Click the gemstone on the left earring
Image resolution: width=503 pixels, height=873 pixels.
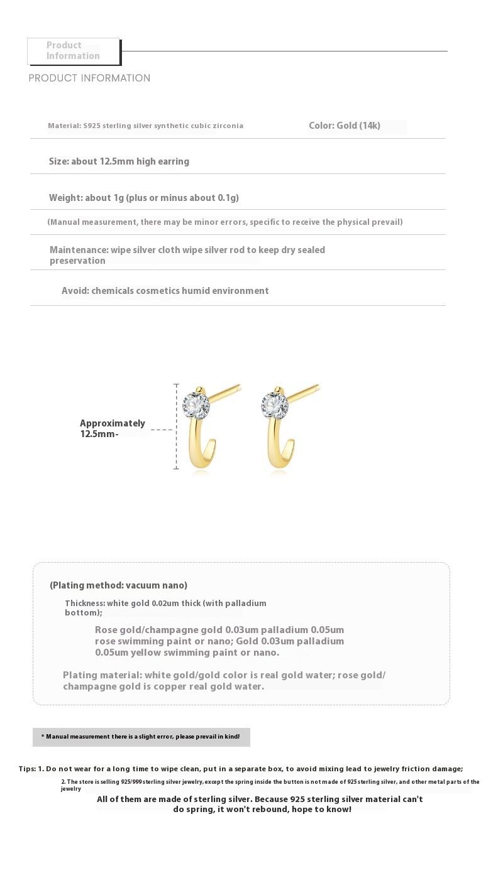[x=196, y=405]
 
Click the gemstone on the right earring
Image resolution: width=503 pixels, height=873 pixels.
[x=275, y=405]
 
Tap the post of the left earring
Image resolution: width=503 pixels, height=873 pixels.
[x=224, y=391]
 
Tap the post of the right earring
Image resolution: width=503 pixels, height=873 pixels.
[x=303, y=391]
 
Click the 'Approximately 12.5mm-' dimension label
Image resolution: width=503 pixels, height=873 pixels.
[x=112, y=428]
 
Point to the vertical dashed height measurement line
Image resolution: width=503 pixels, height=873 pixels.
[x=176, y=427]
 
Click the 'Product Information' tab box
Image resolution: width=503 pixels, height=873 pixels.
[x=74, y=51]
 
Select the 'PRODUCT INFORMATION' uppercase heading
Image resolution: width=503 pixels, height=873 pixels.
[x=89, y=78]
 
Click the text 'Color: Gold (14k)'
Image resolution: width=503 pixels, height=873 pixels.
[x=345, y=126]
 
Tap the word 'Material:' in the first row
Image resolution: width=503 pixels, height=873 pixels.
[x=64, y=126]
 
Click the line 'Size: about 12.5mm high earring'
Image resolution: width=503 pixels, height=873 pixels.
[x=119, y=161]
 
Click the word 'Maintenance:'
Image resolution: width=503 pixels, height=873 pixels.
[x=79, y=250]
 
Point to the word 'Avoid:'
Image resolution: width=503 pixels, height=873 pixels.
[x=75, y=291]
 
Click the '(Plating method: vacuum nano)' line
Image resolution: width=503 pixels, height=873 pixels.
[x=118, y=585]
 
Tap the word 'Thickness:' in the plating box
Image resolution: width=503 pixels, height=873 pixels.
[x=84, y=604]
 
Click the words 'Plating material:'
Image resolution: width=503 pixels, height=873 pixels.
[x=102, y=675]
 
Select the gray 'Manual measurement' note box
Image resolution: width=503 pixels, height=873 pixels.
[x=141, y=737]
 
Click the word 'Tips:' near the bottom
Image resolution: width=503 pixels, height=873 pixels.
[x=27, y=769]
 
